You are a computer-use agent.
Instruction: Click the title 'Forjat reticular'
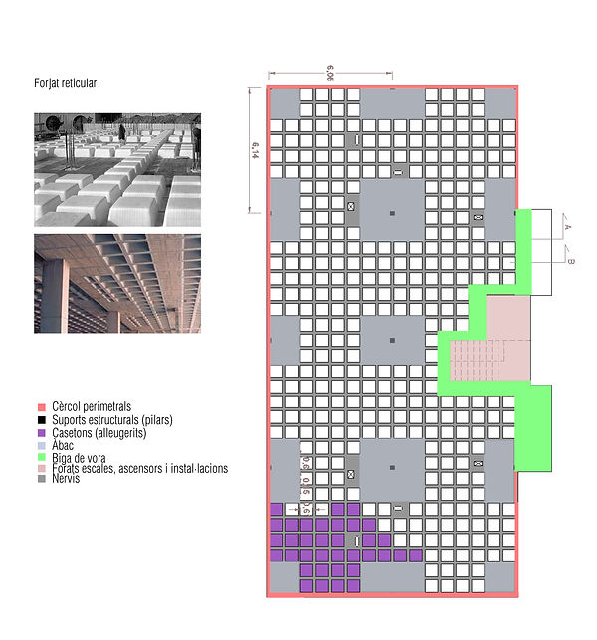66,84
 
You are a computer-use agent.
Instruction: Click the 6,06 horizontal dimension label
328,71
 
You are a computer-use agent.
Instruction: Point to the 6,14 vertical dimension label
256,150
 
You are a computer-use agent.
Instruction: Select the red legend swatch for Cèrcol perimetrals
41,407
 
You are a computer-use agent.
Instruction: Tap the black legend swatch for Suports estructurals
41,420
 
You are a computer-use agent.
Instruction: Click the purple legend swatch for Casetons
41,432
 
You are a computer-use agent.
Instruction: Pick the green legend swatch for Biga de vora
41,457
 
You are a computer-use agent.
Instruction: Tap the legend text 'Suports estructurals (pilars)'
111,420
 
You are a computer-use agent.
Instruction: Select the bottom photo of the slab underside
117,283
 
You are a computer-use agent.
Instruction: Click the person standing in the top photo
122,131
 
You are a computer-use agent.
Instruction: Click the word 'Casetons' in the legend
75,432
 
